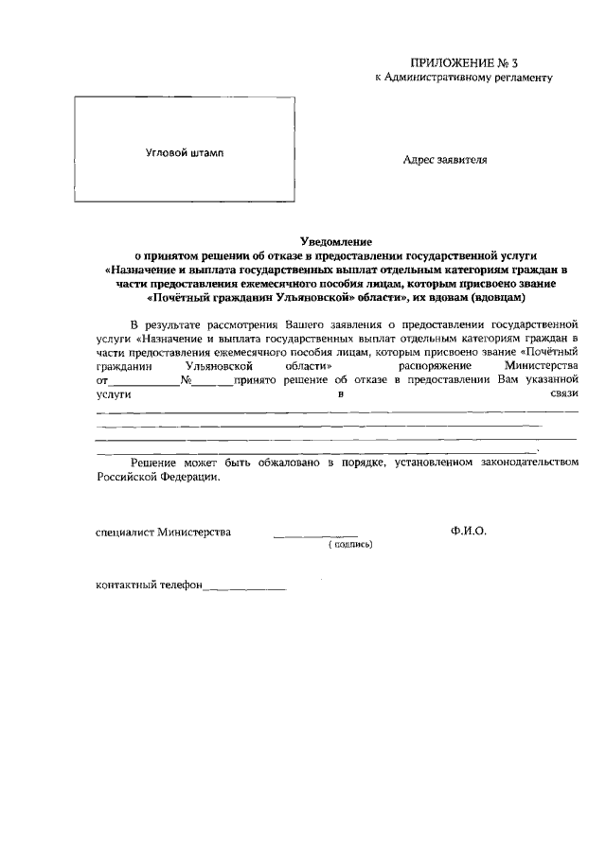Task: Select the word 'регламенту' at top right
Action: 519,77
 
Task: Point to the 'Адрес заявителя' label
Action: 445,160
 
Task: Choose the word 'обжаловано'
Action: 282,463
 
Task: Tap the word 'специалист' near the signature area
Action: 127,532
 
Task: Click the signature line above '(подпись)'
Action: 315,536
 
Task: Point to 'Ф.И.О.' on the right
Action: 469,532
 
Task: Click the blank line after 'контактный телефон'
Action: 244,588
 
